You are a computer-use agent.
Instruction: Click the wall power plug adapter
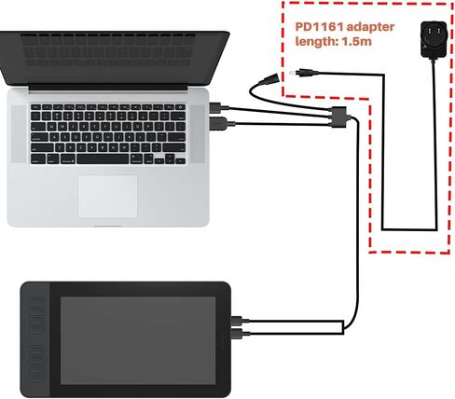coord(434,39)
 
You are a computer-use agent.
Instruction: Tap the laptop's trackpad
coord(108,196)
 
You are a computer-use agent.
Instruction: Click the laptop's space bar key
coord(103,159)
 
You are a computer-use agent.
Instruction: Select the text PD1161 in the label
coord(319,27)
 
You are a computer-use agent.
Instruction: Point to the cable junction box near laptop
coord(339,117)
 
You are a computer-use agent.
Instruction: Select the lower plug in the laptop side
coord(221,124)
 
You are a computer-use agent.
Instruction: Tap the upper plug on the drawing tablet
coord(240,321)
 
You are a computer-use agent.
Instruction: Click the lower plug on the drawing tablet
coord(241,334)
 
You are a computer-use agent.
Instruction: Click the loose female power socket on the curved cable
coord(269,78)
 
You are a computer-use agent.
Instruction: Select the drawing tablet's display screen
coord(138,340)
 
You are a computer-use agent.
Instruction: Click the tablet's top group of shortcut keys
coord(36,314)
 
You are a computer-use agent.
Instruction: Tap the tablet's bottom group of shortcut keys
coord(37,363)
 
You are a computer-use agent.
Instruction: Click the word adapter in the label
coord(370,27)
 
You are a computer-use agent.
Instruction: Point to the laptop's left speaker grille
coord(19,134)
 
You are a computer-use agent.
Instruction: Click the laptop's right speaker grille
coord(198,134)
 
